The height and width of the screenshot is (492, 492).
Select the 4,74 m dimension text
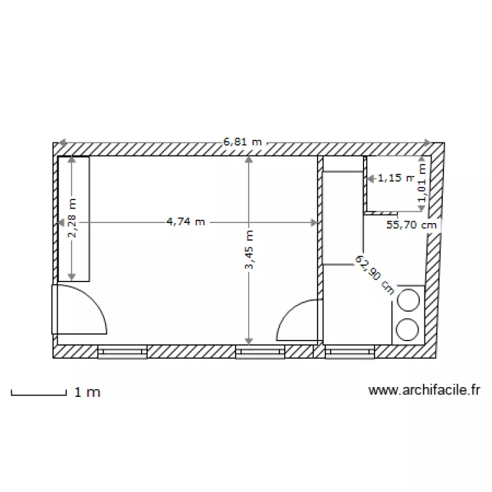pos(186,222)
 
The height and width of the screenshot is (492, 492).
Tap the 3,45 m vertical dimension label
pos(248,249)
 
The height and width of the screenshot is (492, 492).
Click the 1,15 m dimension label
pos(397,177)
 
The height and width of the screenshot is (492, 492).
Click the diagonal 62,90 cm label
pos(375,275)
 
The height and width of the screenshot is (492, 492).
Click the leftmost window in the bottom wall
pos(122,352)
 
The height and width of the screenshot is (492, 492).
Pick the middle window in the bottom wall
pos(259,352)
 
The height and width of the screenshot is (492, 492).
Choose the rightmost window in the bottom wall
pos(348,352)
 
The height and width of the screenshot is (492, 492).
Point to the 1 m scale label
pos(87,393)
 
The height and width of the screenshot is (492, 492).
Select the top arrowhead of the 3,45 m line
pos(248,159)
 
